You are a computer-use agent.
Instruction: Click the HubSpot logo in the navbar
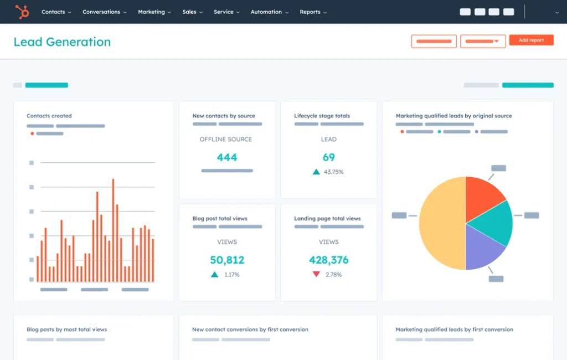point(22,12)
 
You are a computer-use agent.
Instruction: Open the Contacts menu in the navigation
point(56,12)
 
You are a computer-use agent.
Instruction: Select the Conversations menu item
point(104,12)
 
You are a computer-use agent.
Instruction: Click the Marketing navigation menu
point(154,12)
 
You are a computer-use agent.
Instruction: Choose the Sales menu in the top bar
point(192,12)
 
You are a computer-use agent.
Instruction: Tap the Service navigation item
point(226,12)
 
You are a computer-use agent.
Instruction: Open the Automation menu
point(269,12)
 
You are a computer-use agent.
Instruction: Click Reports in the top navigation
point(313,12)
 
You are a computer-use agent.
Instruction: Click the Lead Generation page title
point(62,42)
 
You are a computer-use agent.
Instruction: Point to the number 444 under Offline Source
point(227,157)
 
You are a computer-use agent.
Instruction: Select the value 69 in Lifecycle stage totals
point(328,157)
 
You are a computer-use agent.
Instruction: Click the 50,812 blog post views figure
point(227,260)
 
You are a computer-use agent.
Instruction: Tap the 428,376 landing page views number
point(328,260)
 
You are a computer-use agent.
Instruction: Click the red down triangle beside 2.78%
point(316,274)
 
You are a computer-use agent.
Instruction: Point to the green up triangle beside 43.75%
point(316,172)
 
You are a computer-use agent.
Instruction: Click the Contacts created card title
point(49,116)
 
